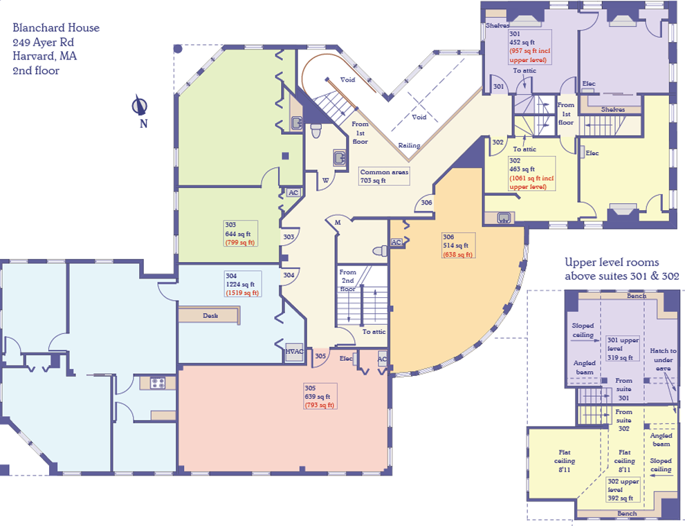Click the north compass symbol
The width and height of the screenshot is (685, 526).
click(140, 106)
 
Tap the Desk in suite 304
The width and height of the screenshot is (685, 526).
click(210, 315)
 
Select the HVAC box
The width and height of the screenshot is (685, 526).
click(295, 352)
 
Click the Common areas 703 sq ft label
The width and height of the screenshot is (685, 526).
click(384, 176)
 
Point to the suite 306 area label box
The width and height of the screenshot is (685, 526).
click(458, 245)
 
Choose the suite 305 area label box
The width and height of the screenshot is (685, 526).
click(320, 396)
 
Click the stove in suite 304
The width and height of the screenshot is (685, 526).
click(158, 383)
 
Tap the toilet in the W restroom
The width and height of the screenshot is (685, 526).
click(316, 130)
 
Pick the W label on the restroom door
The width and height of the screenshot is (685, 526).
click(325, 180)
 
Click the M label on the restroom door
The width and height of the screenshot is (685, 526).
click(338, 222)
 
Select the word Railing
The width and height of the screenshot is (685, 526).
click(410, 145)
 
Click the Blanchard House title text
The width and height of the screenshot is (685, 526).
click(56, 28)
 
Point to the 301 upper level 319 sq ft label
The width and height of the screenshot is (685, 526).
click(623, 349)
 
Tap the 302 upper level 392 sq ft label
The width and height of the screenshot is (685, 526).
click(623, 489)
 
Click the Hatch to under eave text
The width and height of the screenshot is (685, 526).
click(663, 359)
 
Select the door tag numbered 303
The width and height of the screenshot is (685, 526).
click(289, 236)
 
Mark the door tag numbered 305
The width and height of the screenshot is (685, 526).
click(320, 356)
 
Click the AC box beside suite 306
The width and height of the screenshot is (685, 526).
click(396, 243)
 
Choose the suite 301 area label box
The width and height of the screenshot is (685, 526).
click(529, 47)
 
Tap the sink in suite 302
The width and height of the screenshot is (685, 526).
click(504, 218)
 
